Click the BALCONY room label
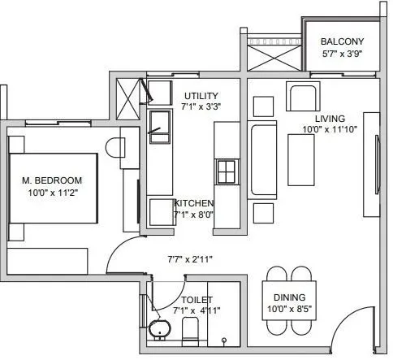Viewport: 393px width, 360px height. (342, 41)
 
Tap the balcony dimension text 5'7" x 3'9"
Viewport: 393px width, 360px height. (342, 55)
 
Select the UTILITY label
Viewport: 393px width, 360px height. (201, 95)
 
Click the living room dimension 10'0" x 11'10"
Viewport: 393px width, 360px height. (330, 129)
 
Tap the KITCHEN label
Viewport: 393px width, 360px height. (193, 203)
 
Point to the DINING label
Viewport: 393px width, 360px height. (289, 298)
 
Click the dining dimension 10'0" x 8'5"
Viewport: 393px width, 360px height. (289, 309)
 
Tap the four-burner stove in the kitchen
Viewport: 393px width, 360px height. (225, 171)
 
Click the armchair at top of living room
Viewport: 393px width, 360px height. (303, 99)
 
